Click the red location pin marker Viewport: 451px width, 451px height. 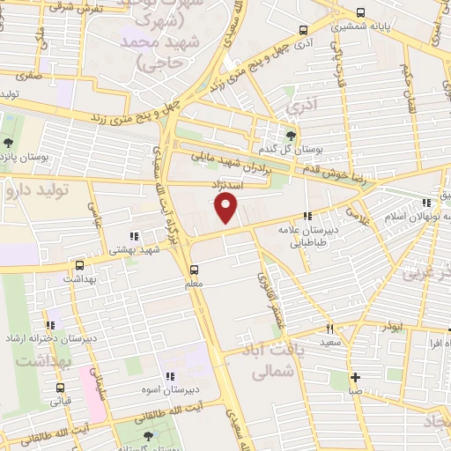tap(226, 208)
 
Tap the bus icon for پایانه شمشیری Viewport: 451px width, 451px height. tap(360, 12)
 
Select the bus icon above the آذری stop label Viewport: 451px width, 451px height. tap(303, 27)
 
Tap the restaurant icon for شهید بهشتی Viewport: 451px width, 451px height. tap(134, 236)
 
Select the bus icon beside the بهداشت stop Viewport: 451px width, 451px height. tap(80, 264)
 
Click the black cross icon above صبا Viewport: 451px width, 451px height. tap(354, 377)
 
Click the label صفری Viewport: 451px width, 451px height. tap(28, 76)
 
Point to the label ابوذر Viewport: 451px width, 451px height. tap(388, 326)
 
